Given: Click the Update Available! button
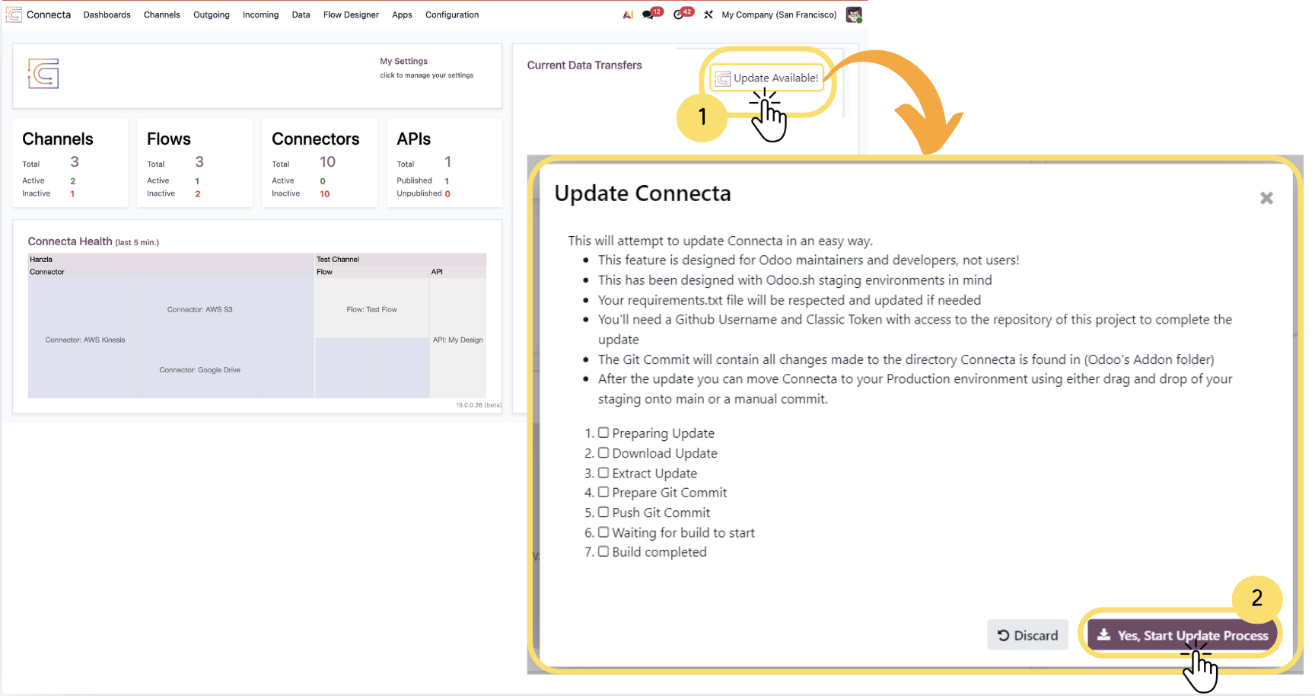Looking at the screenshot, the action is click(767, 78).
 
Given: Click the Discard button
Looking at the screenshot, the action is click(1027, 635).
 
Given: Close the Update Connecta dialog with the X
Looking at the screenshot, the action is click(1266, 198).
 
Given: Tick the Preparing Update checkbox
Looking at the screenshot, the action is click(603, 433).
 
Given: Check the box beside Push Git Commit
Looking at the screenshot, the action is click(603, 512).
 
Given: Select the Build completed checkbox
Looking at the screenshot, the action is click(603, 551).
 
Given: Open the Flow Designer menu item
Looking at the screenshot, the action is click(351, 14).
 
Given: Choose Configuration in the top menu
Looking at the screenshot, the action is click(452, 14).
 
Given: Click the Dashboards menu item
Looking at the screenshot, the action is click(107, 14).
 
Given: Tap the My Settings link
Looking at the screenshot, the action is click(404, 61).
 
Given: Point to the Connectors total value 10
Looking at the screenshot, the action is click(328, 161).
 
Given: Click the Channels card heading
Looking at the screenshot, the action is click(58, 139).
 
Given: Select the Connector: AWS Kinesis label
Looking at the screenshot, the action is click(85, 340).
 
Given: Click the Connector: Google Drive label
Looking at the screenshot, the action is click(200, 370).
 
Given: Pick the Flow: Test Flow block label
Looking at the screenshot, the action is click(372, 309).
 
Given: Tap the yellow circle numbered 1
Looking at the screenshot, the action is click(702, 117).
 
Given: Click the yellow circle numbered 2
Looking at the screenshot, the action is click(1257, 598).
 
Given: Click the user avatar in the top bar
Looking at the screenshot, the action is click(854, 14).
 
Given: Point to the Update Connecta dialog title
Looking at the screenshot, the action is click(642, 193).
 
